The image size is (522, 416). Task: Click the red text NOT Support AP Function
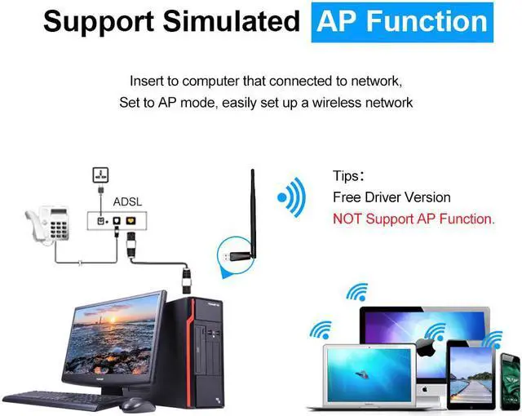[414, 219]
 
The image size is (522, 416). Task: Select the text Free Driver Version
[391, 197]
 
